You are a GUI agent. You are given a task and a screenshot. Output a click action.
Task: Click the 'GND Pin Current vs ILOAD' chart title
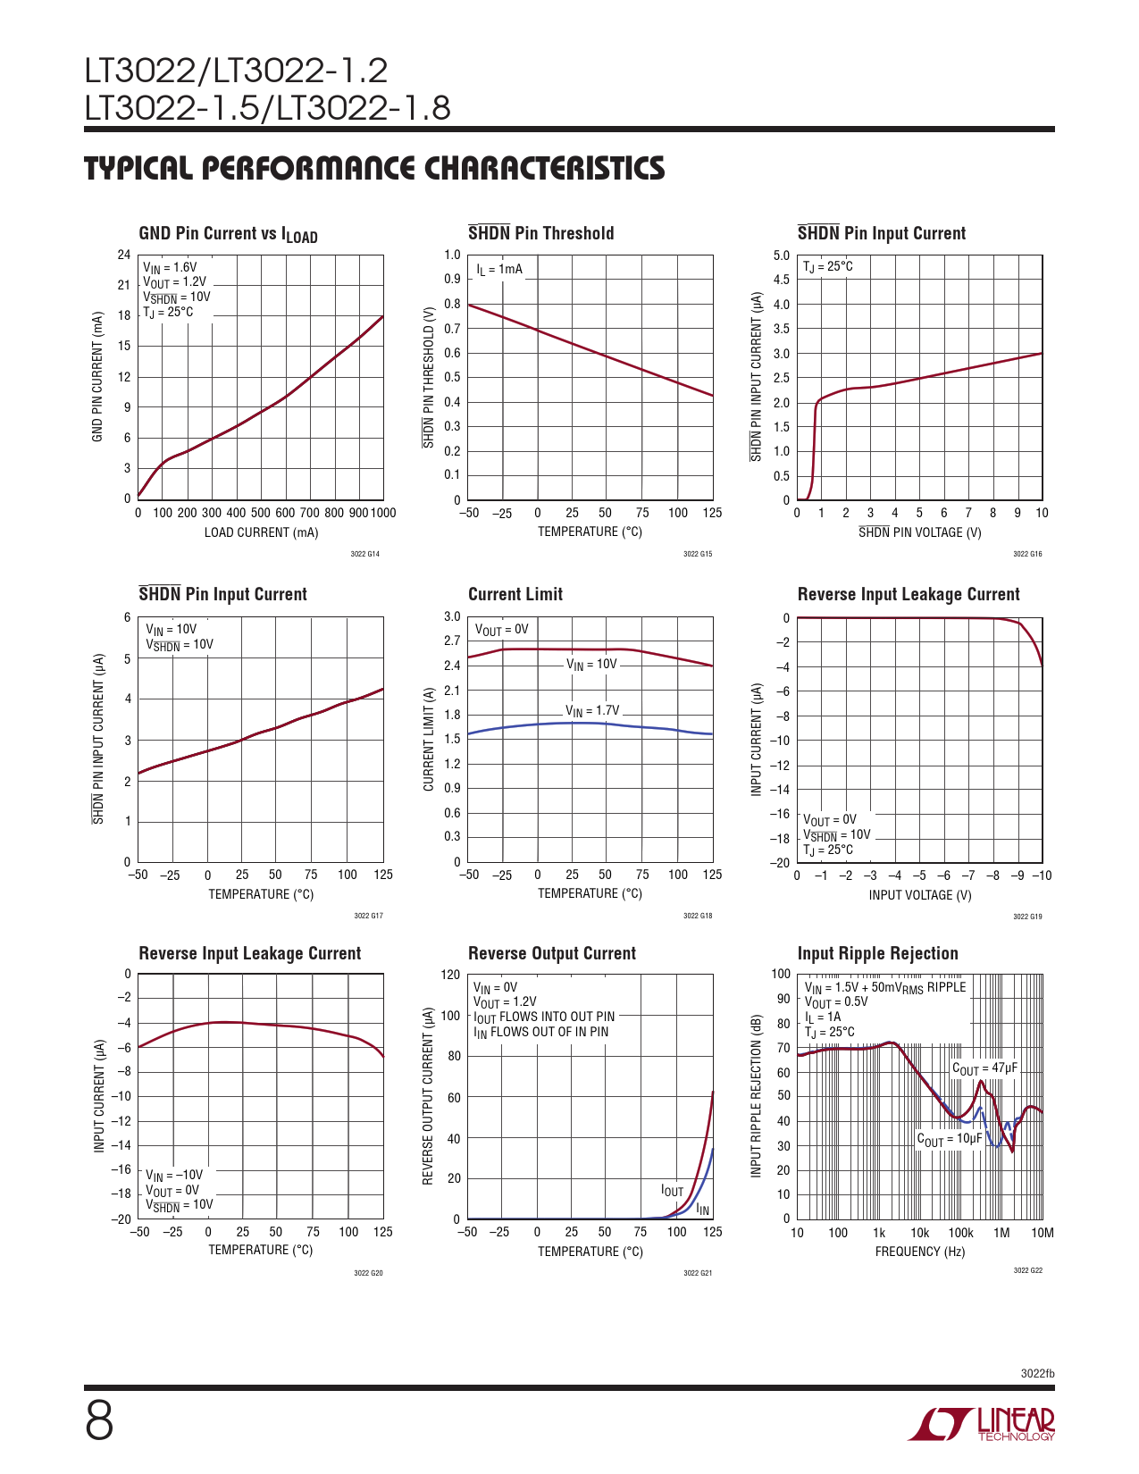click(x=228, y=234)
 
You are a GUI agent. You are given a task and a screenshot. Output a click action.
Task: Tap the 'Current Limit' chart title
click(x=515, y=595)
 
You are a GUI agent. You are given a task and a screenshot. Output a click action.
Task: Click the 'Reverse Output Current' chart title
click(x=552, y=954)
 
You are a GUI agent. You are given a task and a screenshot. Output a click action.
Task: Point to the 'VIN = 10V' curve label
click(x=591, y=665)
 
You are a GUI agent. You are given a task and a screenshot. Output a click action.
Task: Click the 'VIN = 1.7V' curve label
click(x=591, y=711)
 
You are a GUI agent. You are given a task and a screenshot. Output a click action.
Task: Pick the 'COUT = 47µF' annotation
click(x=984, y=1069)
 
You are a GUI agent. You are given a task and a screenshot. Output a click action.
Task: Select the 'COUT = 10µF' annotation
click(x=950, y=1139)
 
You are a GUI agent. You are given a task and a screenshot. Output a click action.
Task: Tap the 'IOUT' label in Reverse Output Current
click(x=672, y=1191)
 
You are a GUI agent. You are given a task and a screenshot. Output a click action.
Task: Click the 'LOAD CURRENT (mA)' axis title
click(x=261, y=532)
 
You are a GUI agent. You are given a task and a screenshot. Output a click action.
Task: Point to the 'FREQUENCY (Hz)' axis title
click(x=920, y=1252)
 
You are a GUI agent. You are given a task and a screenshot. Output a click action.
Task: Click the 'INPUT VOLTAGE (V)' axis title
click(x=920, y=895)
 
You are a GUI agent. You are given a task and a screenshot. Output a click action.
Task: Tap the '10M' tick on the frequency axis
click(x=1043, y=1233)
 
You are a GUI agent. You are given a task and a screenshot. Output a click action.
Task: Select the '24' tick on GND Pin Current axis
click(x=124, y=255)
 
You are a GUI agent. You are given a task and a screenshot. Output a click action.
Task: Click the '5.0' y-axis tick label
click(x=782, y=255)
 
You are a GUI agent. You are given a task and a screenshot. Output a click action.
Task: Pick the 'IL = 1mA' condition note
click(x=499, y=269)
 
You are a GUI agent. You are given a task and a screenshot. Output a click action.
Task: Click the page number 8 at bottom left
click(x=99, y=1421)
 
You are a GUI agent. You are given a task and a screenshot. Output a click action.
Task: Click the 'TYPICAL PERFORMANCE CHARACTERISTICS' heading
click(x=374, y=169)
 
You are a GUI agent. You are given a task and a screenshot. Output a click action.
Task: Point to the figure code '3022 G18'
click(x=698, y=916)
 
